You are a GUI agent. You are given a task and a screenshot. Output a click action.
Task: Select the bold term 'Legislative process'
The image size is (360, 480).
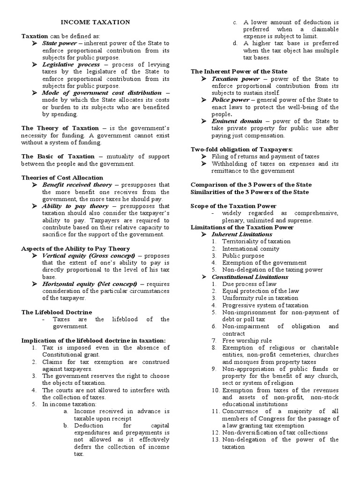coord(71,64)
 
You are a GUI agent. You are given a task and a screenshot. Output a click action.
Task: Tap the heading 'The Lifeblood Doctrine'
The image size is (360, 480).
coord(57,312)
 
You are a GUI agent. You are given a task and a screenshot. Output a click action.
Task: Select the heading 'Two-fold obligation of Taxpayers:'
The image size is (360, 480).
coord(241,149)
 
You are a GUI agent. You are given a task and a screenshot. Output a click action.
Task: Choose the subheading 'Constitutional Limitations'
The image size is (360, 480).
coord(250,277)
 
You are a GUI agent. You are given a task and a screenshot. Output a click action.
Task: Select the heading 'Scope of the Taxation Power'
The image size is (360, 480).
coord(233,206)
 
